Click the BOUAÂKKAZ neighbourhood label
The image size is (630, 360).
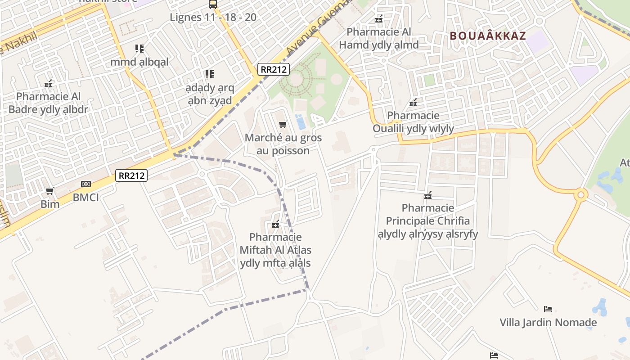click(x=488, y=36)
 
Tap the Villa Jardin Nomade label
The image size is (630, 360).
click(x=548, y=322)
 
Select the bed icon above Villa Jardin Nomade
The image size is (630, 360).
click(x=548, y=309)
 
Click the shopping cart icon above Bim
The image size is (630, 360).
click(x=50, y=191)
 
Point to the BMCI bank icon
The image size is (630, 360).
click(x=85, y=184)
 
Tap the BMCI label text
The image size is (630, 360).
click(x=85, y=197)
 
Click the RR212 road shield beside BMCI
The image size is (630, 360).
click(x=131, y=175)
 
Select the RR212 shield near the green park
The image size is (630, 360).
click(x=274, y=69)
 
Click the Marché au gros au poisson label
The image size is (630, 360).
click(x=283, y=144)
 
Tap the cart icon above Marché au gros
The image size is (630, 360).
click(x=283, y=125)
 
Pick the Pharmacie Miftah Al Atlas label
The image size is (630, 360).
click(x=275, y=250)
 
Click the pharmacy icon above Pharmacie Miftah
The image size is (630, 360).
click(x=275, y=224)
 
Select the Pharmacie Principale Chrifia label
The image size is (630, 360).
click(x=427, y=221)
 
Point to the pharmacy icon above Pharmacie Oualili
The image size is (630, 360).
click(x=413, y=103)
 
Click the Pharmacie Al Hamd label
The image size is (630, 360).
click(x=379, y=38)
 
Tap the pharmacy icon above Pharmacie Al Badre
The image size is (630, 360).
click(x=48, y=84)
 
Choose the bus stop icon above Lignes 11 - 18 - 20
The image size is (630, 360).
click(x=213, y=4)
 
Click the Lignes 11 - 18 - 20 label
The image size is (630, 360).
click(x=213, y=17)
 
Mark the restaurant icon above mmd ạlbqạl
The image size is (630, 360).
click(x=139, y=48)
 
